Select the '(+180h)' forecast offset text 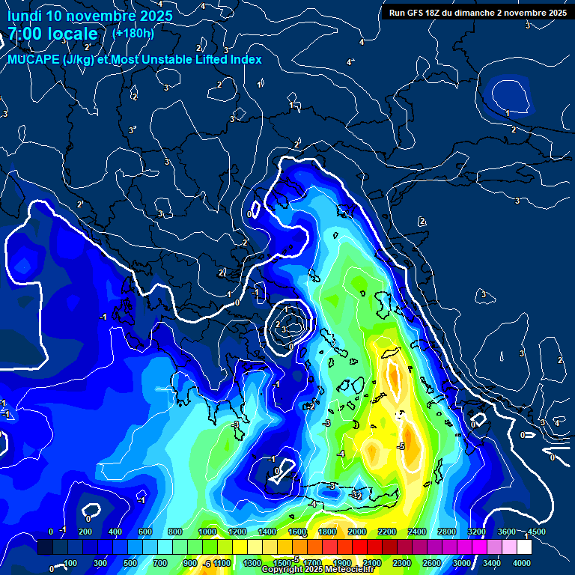tap(133, 33)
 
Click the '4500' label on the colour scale tap(537, 532)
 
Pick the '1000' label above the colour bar tap(207, 532)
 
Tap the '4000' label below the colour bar tap(522, 563)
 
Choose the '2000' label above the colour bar tap(357, 532)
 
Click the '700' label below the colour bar tap(159, 563)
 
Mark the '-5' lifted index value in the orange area tap(401, 446)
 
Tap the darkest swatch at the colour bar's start tap(45, 548)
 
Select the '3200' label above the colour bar tap(477, 532)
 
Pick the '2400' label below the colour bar tap(372, 563)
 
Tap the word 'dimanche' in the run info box tap(491, 12)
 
